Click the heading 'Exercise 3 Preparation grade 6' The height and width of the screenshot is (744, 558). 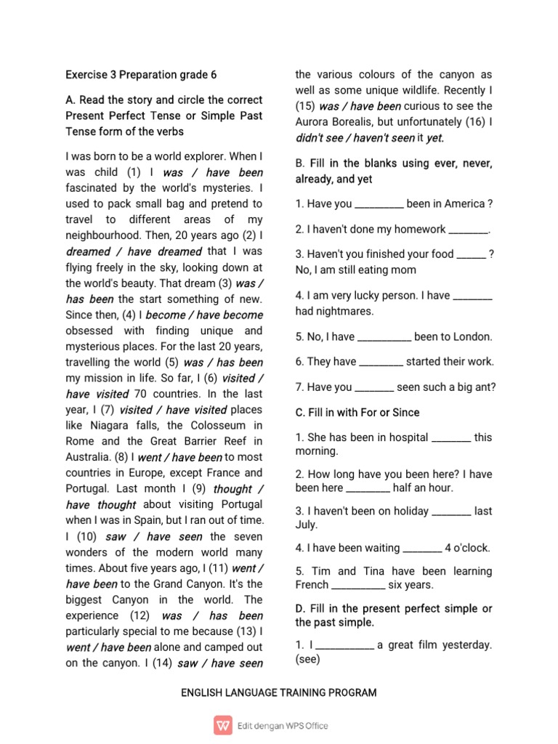(x=141, y=75)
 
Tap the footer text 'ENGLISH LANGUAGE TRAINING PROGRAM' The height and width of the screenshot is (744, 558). (x=279, y=692)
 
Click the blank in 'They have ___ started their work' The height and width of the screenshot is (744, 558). (x=381, y=362)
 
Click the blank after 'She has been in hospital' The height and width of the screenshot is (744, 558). (x=451, y=437)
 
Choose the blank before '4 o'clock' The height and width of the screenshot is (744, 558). (x=421, y=549)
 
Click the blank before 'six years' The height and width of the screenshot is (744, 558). (x=358, y=585)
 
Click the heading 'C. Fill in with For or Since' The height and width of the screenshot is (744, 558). (x=357, y=412)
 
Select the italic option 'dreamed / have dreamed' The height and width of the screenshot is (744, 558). (x=134, y=251)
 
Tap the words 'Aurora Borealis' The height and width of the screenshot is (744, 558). (x=333, y=121)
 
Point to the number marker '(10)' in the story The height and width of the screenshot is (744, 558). (x=86, y=537)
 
